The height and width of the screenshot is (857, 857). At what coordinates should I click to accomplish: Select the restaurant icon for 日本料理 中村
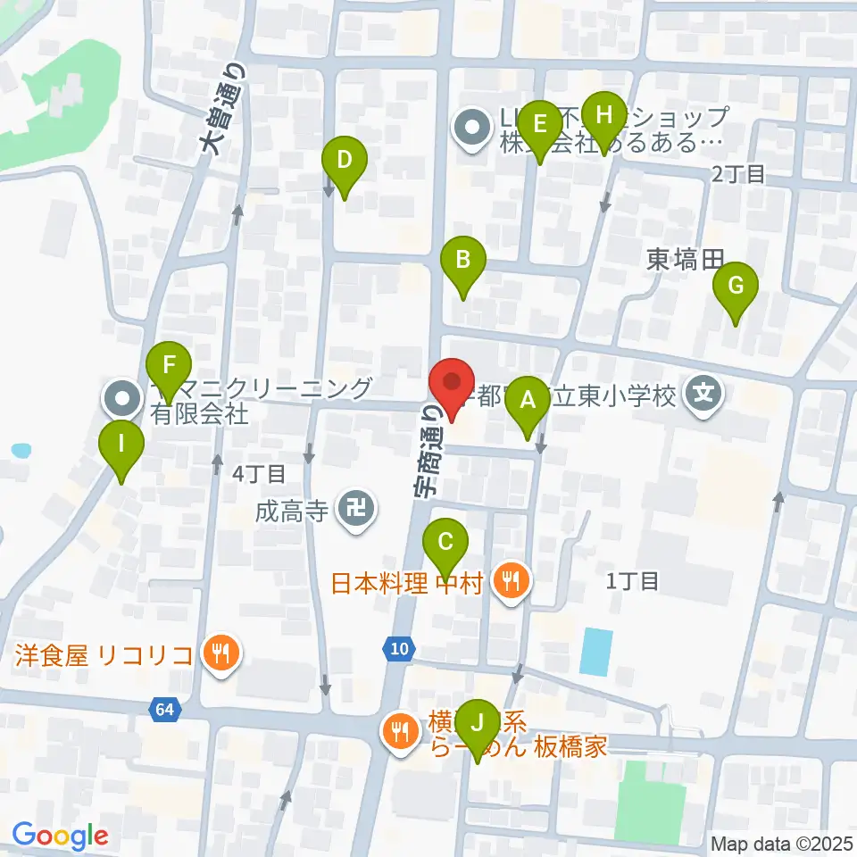511,584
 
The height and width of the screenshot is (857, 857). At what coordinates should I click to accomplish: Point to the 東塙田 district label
684,260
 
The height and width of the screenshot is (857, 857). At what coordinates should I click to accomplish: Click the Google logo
60,836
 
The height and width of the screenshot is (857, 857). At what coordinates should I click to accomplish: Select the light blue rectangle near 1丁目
596,651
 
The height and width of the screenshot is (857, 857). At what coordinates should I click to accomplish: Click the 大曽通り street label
223,104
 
